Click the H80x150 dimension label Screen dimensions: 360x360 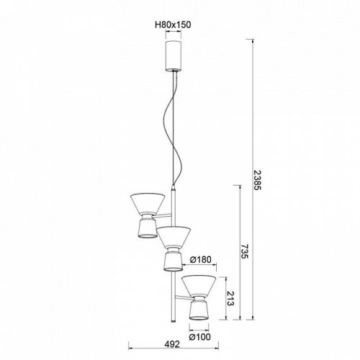coord(173,24)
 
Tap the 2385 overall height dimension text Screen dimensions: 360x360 coord(257,180)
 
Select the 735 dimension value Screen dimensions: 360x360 coord(244,251)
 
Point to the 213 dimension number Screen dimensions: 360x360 coord(230,299)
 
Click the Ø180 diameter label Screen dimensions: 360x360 coord(201,259)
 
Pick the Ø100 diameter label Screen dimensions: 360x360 coord(200,337)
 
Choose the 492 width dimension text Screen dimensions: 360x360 coord(172,344)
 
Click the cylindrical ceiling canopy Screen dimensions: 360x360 coord(174,55)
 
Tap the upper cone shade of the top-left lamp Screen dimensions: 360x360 coord(148,204)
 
